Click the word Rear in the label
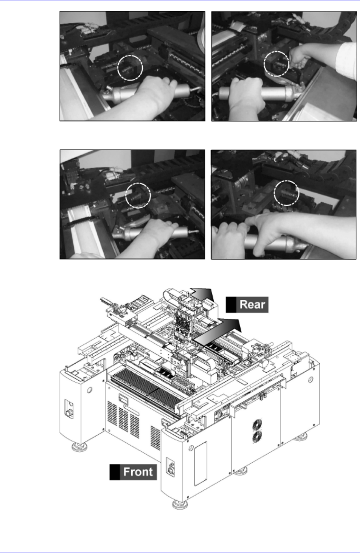tap(252, 305)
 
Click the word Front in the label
tap(138, 472)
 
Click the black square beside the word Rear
tap(231, 305)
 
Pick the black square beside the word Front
tap(115, 472)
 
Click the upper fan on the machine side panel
tap(257, 424)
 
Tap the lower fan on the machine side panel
tap(257, 437)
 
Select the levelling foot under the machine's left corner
tap(79, 446)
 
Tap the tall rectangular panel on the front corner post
tap(200, 463)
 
